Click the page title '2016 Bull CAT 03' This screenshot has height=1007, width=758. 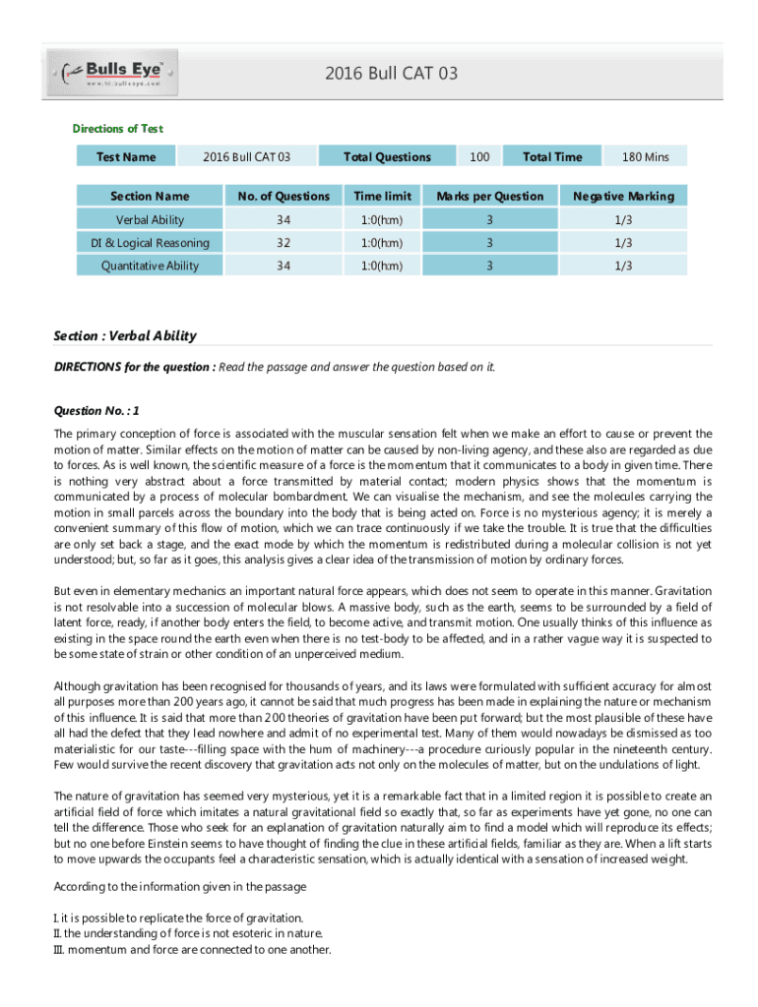point(391,74)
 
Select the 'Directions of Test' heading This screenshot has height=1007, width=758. point(118,129)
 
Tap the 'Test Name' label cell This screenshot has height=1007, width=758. point(126,156)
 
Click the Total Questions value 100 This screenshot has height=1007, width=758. point(479,156)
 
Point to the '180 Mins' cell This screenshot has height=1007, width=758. point(645,156)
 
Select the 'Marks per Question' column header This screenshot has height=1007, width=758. point(490,196)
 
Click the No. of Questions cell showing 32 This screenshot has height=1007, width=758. point(283,243)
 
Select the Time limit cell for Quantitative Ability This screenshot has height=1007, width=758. point(383,266)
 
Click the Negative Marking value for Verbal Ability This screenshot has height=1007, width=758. point(624,219)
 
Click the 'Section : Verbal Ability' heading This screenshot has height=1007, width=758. point(124,335)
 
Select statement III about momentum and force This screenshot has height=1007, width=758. point(192,950)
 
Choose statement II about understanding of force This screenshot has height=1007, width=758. point(187,933)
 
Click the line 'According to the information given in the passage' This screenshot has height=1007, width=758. point(180,886)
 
